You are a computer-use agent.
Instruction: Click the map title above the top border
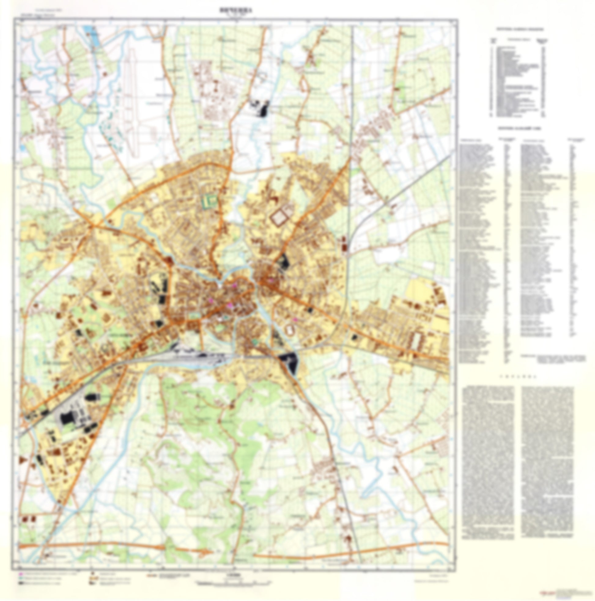tap(235, 10)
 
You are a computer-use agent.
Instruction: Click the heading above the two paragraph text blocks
tap(518, 376)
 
